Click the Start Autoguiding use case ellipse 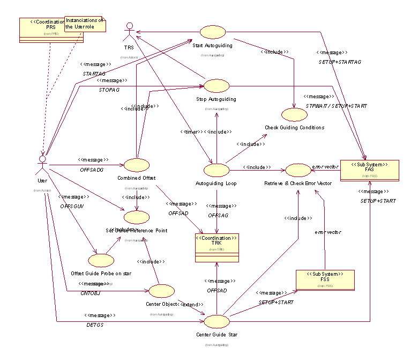(x=212, y=31)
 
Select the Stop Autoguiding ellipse (x=216, y=86)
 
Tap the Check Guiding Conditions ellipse (x=294, y=114)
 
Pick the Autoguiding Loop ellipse (x=217, y=170)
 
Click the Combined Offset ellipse (x=136, y=165)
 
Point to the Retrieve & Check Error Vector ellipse (x=297, y=171)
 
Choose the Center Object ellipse (x=161, y=291)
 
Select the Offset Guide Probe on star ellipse (x=101, y=260)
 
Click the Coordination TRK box (x=217, y=247)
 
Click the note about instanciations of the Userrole (x=85, y=23)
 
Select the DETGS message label (x=95, y=325)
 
